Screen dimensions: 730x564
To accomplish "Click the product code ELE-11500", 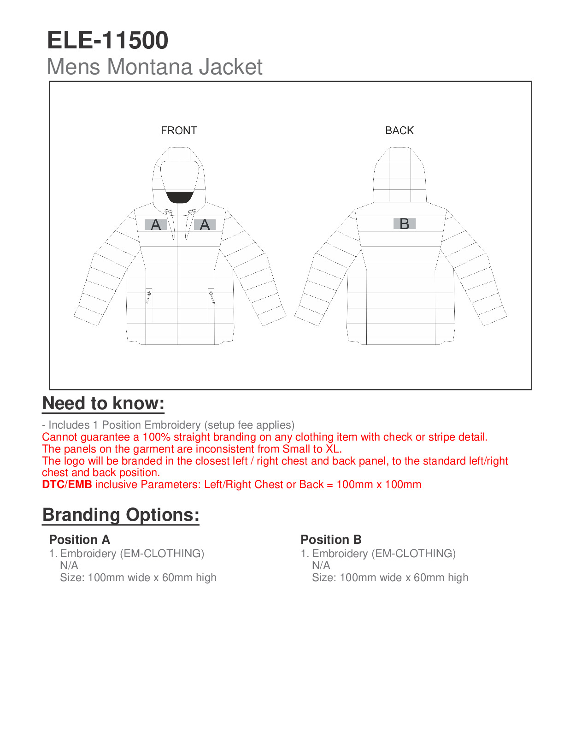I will (107, 41).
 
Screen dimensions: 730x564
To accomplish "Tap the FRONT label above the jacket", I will (179, 130).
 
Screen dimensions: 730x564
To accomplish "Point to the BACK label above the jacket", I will (399, 130).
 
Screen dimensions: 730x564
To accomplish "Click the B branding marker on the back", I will (405, 224).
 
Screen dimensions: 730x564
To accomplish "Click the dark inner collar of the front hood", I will (179, 197).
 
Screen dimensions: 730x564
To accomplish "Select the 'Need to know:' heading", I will (103, 404).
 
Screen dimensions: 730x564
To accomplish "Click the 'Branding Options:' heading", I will (121, 515).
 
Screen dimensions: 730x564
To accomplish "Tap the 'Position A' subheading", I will (79, 540).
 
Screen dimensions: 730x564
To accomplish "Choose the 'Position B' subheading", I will (331, 540).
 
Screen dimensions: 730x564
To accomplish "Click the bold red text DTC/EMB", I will (67, 485).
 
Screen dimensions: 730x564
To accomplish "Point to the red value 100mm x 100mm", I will (379, 485).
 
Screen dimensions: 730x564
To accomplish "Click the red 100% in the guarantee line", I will (156, 437).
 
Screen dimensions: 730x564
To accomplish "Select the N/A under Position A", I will (69, 565).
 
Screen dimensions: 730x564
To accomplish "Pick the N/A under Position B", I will (321, 565).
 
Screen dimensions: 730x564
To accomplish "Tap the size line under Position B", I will (390, 577).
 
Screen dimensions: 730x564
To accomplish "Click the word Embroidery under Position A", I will (88, 553).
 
